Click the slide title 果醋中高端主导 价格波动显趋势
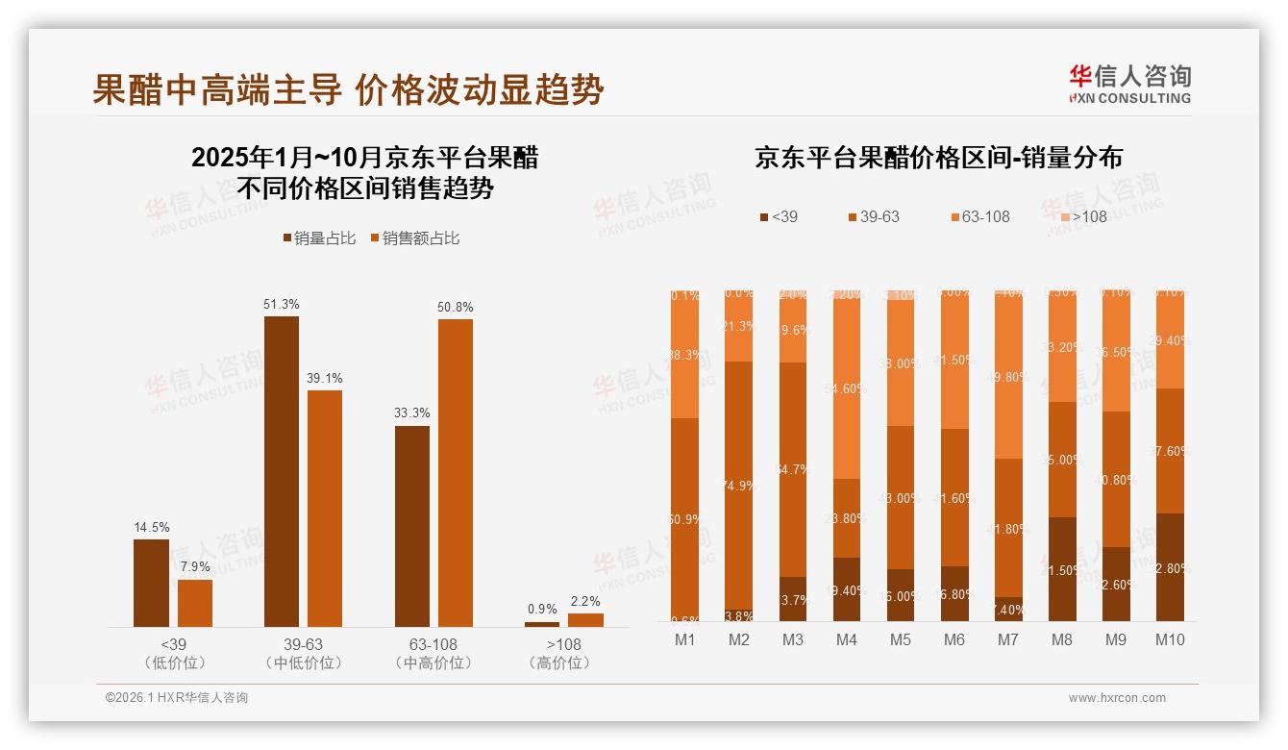(x=348, y=89)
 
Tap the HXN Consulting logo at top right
(x=1129, y=84)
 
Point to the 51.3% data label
(x=281, y=304)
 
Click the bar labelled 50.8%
(x=456, y=472)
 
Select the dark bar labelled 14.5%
(x=151, y=583)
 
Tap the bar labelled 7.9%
(x=195, y=603)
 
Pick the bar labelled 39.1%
(x=325, y=508)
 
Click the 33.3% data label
(x=411, y=412)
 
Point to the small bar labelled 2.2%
(x=585, y=620)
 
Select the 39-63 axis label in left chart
(x=303, y=644)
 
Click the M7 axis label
(x=1009, y=639)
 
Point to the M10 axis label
(x=1170, y=639)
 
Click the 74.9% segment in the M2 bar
(x=739, y=486)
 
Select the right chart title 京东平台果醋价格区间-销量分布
(x=938, y=158)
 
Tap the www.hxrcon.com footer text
(x=1117, y=698)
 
